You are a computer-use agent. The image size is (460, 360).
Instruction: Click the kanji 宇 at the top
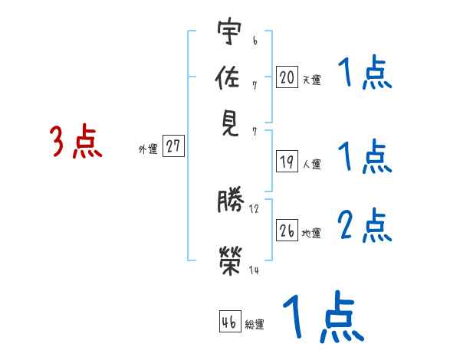pos(229,32)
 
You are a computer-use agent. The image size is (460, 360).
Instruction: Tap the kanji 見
pos(229,122)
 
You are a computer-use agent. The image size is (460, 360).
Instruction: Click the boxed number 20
pos(287,77)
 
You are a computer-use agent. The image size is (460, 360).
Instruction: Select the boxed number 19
pos(287,162)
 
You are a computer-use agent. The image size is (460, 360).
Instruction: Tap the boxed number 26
pos(287,231)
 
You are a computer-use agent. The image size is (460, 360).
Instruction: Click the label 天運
pos(311,80)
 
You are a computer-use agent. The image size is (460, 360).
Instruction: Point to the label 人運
pos(311,164)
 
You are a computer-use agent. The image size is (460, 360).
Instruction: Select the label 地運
pos(311,233)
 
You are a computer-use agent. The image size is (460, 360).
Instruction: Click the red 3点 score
pos(76,142)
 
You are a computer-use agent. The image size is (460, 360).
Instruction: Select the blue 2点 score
pos(365,225)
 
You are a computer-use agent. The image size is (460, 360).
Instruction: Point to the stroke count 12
pos(254,208)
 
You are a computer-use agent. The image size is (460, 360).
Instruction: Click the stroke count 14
pos(254,270)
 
